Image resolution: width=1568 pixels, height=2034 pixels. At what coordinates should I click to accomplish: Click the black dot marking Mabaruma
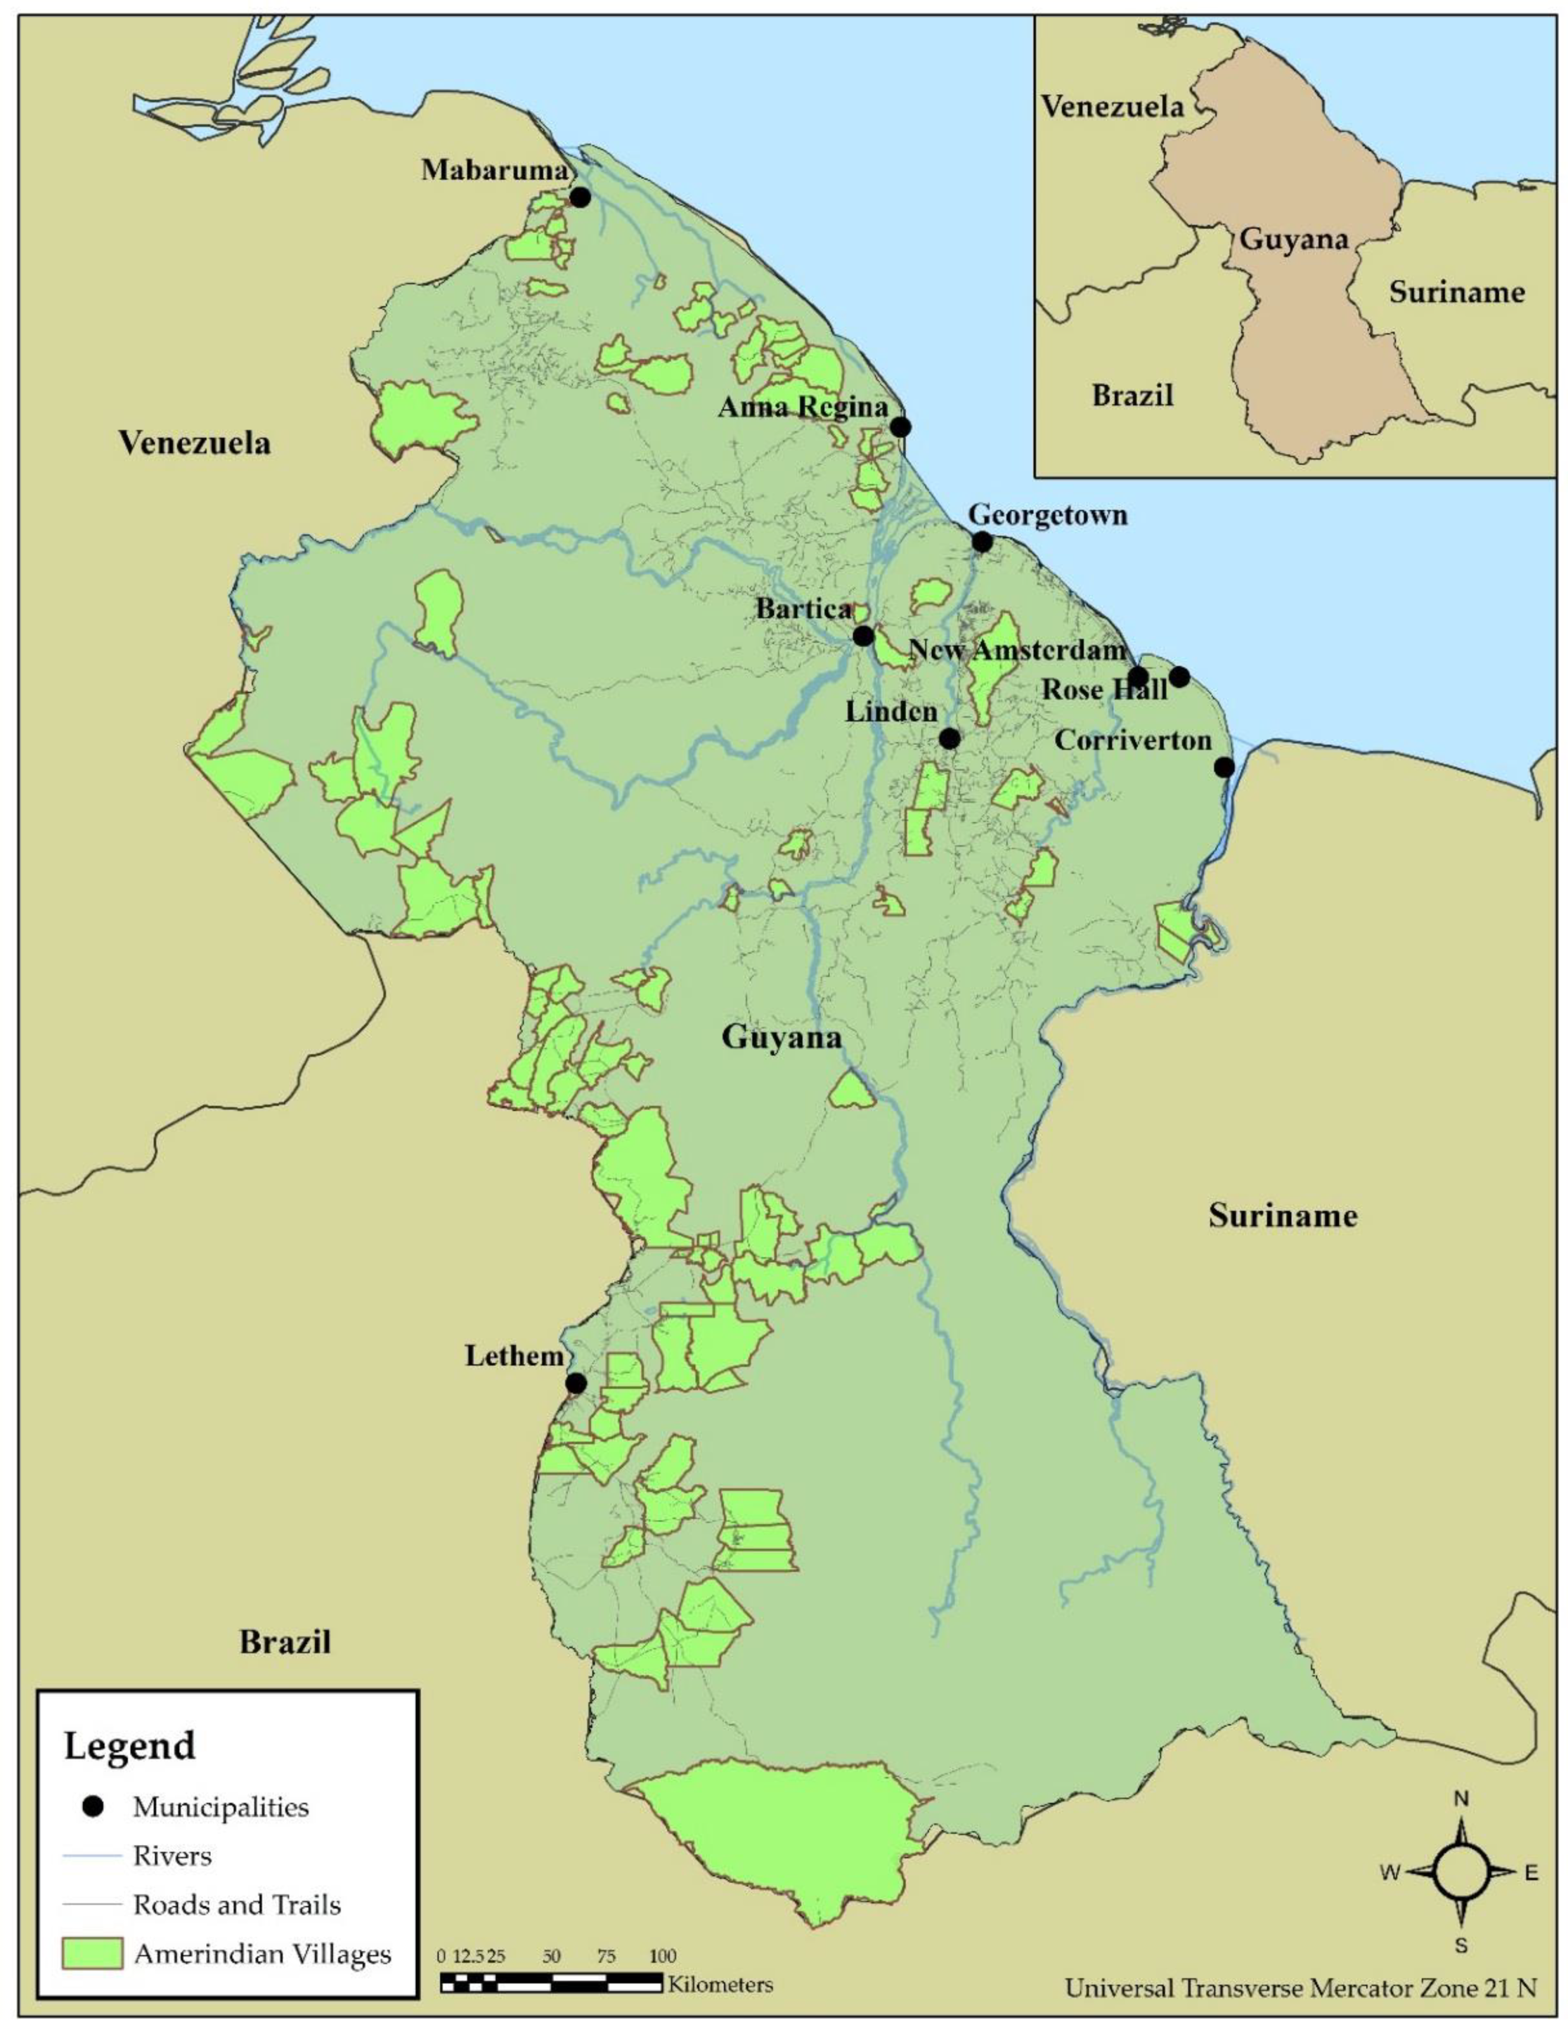point(580,197)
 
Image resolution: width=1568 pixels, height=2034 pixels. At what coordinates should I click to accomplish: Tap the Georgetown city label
point(1047,515)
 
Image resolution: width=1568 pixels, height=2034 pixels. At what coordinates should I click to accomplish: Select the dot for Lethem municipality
point(577,1383)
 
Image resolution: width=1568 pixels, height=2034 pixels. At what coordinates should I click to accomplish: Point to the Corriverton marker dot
point(1224,767)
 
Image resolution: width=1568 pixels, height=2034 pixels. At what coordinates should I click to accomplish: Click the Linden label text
point(890,711)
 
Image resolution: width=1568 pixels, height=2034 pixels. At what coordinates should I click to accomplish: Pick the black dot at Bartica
point(863,636)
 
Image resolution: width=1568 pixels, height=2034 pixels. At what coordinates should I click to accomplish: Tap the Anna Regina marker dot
point(899,427)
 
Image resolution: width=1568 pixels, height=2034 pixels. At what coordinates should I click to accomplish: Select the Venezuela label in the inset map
point(1112,107)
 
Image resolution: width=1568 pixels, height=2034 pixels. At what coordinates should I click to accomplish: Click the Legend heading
point(129,1745)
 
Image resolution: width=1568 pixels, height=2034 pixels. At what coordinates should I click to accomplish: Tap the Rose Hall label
point(1104,689)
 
